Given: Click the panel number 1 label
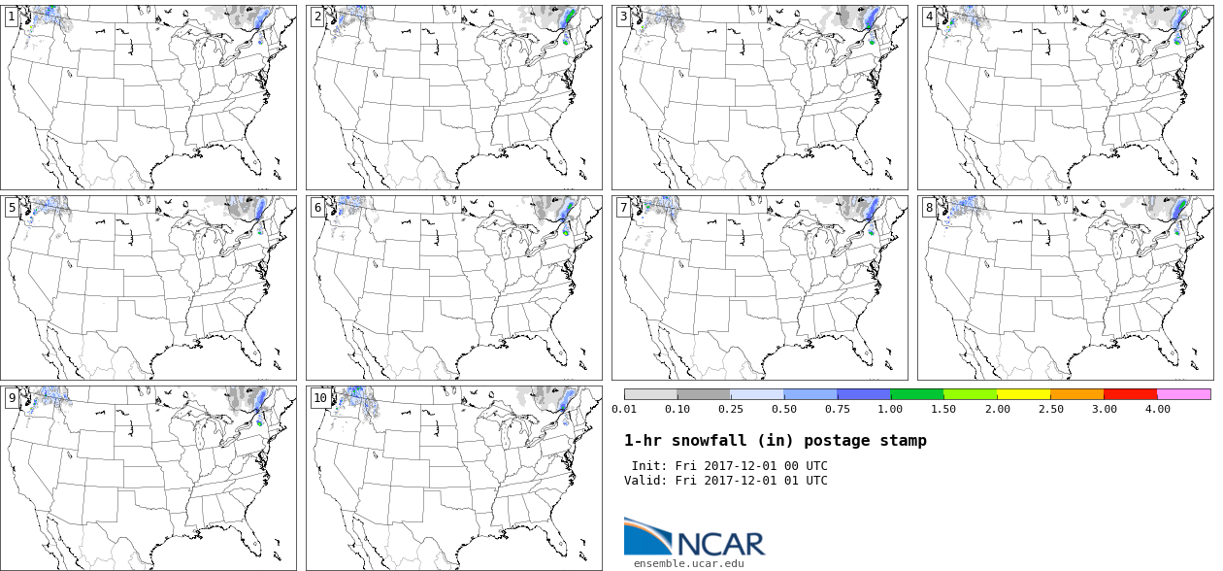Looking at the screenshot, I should tap(12, 17).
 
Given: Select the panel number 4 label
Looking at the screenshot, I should tap(929, 17).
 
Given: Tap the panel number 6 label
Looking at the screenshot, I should tap(317, 207).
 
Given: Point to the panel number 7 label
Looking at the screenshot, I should tap(623, 207).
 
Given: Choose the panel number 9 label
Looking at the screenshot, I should tap(12, 397).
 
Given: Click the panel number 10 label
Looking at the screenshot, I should tap(320, 397).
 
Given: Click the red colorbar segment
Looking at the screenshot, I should tap(1130, 394).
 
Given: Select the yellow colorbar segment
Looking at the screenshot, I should tap(1023, 394).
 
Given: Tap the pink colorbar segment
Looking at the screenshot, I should tap(1183, 394).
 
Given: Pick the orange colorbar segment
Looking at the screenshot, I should tap(1076, 394).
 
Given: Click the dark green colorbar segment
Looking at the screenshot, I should tap(916, 394).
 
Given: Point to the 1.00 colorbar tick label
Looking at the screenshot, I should tap(891, 409).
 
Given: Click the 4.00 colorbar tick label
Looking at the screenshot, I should tap(1157, 409).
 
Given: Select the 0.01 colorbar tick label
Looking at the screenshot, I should tap(624, 409).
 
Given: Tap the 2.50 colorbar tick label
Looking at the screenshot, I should tap(1050, 409).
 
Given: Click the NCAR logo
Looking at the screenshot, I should tap(694, 537).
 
